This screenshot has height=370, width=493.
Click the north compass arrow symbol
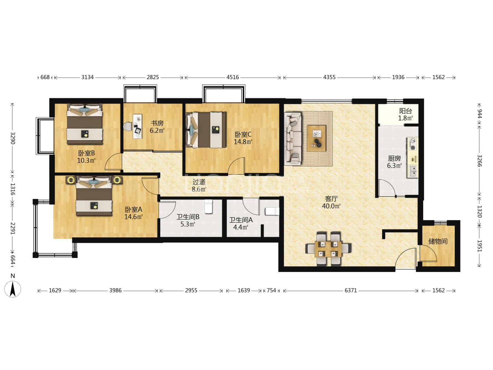coord(13,289)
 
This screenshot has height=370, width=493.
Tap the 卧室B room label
coord(87,157)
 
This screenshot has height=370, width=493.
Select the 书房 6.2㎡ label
coord(157,127)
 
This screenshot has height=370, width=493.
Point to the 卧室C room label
coord(243,138)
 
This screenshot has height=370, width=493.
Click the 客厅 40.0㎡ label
coord(331,202)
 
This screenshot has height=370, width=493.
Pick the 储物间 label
coord(438,241)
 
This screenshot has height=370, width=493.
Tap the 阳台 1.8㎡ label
coord(405,114)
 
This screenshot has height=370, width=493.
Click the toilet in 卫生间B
coord(208,207)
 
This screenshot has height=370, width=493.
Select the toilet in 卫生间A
coord(272,211)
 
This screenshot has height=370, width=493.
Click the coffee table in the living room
coord(316,138)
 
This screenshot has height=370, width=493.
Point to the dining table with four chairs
coord(328,249)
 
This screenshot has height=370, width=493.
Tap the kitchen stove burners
coord(413,144)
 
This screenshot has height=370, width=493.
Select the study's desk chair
coord(128,126)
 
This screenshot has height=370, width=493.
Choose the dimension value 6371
coord(351,291)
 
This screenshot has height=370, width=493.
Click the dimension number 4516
coord(232,77)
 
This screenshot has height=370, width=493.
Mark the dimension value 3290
coord(13,138)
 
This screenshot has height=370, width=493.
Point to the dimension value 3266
coord(479,161)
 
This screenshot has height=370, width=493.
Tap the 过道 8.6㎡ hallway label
coord(199,185)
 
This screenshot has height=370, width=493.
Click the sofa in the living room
coord(293,139)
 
